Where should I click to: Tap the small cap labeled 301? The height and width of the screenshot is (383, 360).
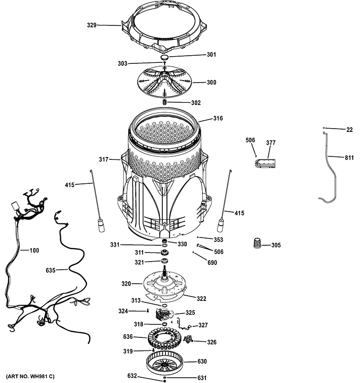point(164,57)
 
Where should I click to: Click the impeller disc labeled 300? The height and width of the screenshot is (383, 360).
point(164,83)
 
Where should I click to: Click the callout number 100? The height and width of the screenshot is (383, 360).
point(34,250)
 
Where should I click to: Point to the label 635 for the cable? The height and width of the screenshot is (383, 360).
point(51,270)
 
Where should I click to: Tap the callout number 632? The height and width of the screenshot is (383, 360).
point(132,375)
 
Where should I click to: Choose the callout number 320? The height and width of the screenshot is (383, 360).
point(126,284)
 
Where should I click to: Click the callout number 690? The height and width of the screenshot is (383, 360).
point(212,263)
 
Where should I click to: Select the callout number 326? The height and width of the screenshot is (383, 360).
point(211,342)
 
